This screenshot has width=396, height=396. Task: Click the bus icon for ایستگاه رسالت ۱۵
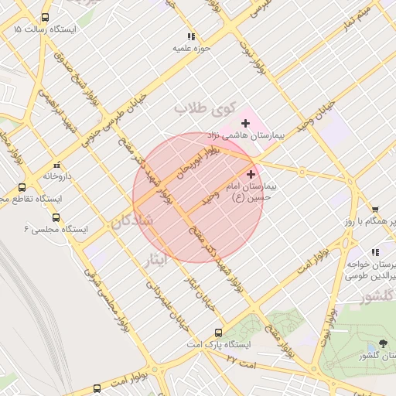(x=45, y=17)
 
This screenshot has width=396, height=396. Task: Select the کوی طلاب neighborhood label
(x=203, y=108)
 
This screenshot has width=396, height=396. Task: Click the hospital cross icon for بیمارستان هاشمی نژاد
(x=246, y=123)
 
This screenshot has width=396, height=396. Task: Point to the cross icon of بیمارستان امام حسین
(x=251, y=175)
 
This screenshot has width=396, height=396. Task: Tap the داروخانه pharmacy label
(x=57, y=176)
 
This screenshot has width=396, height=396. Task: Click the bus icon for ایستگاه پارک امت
(x=218, y=332)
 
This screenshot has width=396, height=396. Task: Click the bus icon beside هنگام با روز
(x=375, y=210)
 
